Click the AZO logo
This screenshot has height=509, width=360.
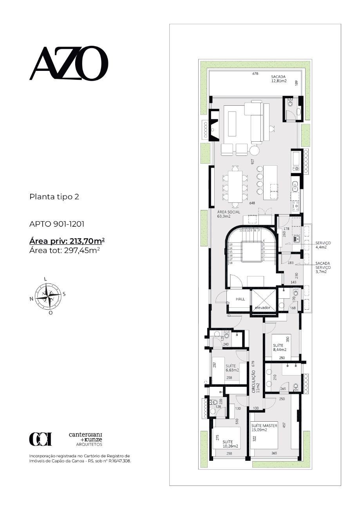pyautogui.click(x=69, y=63)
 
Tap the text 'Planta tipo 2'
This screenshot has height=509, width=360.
pyautogui.click(x=54, y=197)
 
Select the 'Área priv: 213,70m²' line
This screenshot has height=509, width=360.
pyautogui.click(x=67, y=241)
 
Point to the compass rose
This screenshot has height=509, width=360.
pyautogui.click(x=48, y=296)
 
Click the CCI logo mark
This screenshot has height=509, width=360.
pyautogui.click(x=40, y=439)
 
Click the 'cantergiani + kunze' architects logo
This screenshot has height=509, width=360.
pyautogui.click(x=85, y=439)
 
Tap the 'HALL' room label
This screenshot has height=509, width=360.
pyautogui.click(x=240, y=299)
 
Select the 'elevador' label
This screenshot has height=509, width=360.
pyautogui.click(x=262, y=308)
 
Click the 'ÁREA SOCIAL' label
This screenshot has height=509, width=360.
pyautogui.click(x=229, y=212)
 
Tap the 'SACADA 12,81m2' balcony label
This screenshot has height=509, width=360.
pyautogui.click(x=279, y=79)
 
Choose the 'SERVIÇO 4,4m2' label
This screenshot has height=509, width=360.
pyautogui.click(x=323, y=245)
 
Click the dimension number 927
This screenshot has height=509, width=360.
pyautogui.click(x=252, y=162)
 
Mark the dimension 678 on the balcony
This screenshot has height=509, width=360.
pyautogui.click(x=255, y=74)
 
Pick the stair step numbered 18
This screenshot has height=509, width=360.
pyautogui.click(x=231, y=263)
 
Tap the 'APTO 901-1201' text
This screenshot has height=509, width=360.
pyautogui.click(x=57, y=224)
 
